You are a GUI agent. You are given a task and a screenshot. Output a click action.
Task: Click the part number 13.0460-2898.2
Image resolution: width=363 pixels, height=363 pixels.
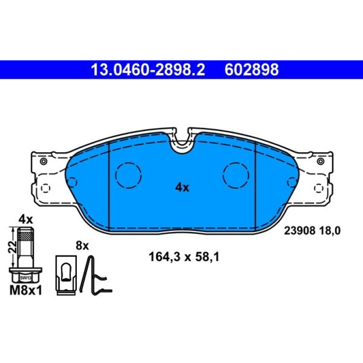click(148, 70)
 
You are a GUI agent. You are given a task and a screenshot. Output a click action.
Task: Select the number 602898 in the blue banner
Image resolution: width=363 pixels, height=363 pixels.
click(251, 70)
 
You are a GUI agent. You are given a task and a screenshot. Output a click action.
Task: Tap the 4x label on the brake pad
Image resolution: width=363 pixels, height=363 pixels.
click(182, 188)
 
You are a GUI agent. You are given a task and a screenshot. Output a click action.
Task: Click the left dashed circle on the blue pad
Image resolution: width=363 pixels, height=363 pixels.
click(129, 175)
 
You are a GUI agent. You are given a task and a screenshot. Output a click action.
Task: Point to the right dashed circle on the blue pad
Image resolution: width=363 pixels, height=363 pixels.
click(236, 175)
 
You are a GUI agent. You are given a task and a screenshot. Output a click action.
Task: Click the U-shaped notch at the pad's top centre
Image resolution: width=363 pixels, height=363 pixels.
click(182, 146)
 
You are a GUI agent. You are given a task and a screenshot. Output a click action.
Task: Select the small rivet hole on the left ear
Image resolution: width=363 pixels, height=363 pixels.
click(43, 161)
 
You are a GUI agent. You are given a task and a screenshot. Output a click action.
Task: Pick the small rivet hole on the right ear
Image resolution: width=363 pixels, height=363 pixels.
click(321, 161)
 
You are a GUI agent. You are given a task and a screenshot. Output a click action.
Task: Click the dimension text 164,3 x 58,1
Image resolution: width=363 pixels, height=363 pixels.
click(184, 257)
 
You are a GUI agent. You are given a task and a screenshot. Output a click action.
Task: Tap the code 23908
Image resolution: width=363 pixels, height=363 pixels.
click(299, 231)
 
